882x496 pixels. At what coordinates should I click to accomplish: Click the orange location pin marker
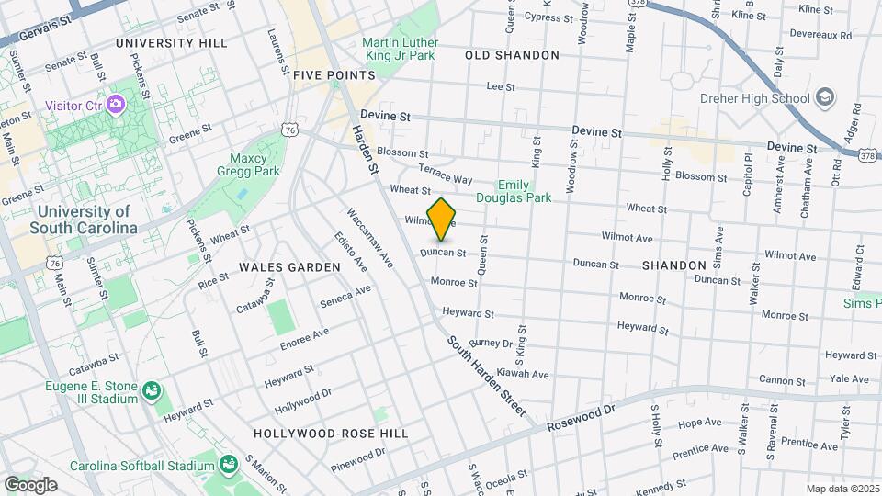442,220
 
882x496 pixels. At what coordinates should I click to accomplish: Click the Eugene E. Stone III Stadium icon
152,393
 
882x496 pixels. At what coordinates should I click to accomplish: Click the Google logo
30,485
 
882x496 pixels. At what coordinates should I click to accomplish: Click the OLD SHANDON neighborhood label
512,55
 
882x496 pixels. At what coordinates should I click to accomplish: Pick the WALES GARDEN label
289,267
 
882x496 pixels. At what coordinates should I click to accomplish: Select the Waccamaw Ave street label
369,238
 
